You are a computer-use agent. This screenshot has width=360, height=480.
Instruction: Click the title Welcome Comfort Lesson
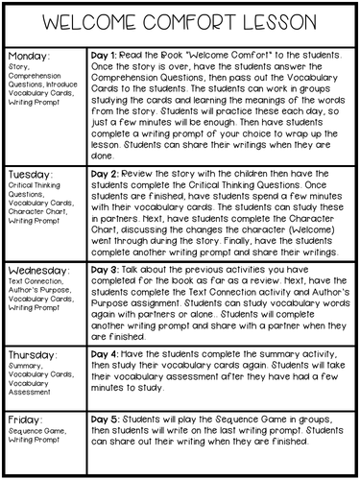pos(180,21)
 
